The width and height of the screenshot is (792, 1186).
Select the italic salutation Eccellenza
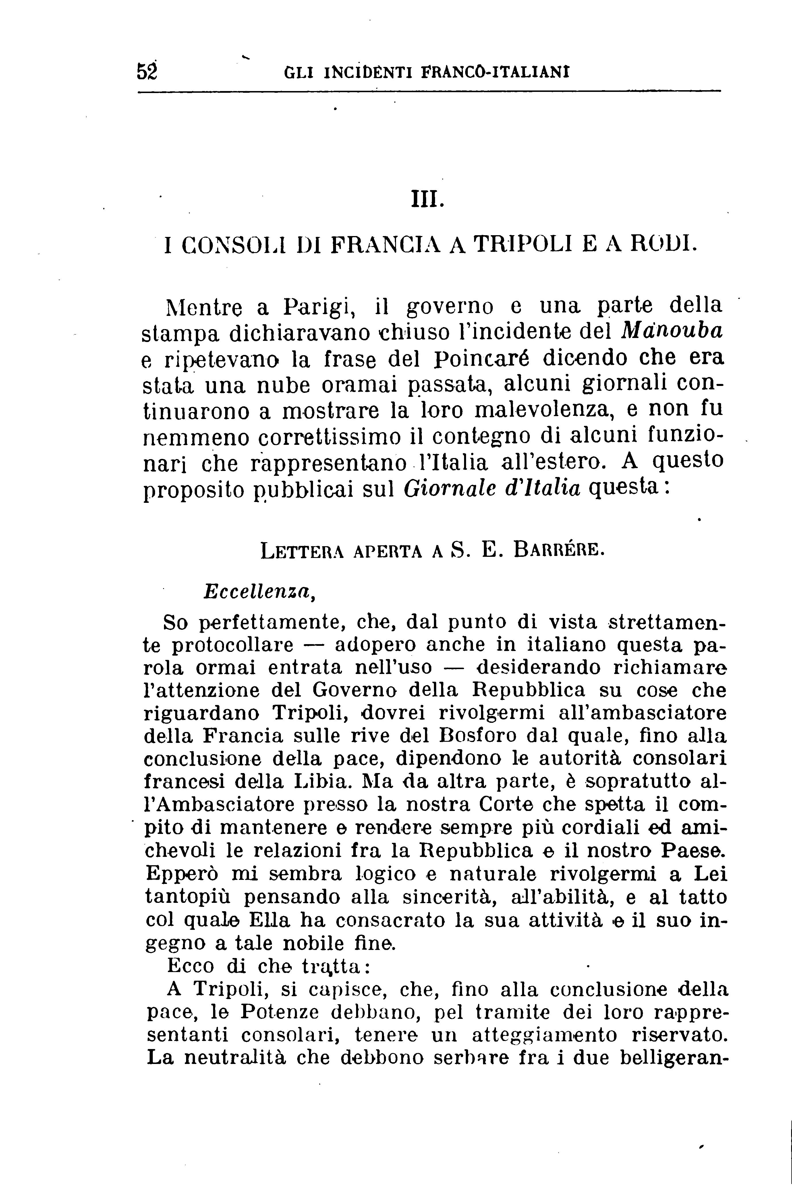[x=259, y=592]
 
